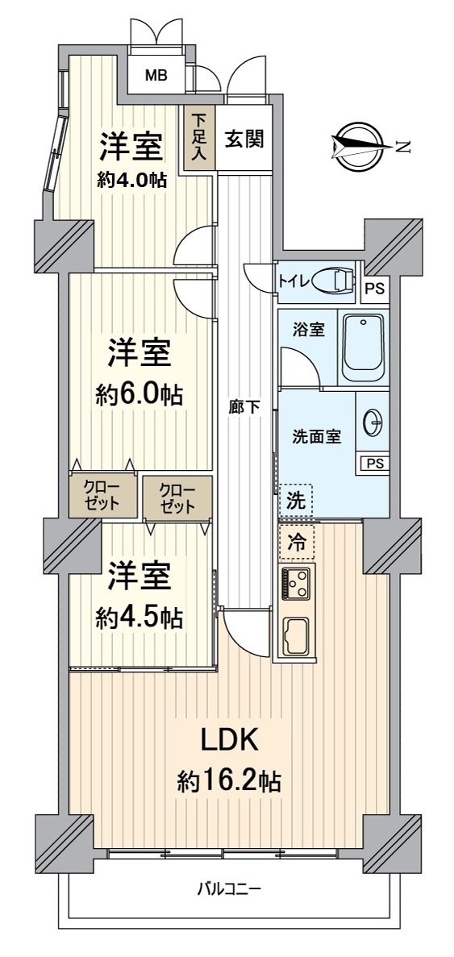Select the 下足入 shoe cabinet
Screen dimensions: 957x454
tap(199, 139)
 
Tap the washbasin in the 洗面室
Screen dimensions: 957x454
tap(373, 424)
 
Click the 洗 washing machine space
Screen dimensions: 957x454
tap(296, 500)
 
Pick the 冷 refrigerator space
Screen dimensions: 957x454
tap(297, 543)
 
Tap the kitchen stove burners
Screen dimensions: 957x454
tap(296, 584)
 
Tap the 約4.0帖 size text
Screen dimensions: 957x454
tap(132, 180)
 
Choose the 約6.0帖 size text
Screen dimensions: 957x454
tap(140, 395)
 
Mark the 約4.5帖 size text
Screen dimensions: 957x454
tap(140, 618)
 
